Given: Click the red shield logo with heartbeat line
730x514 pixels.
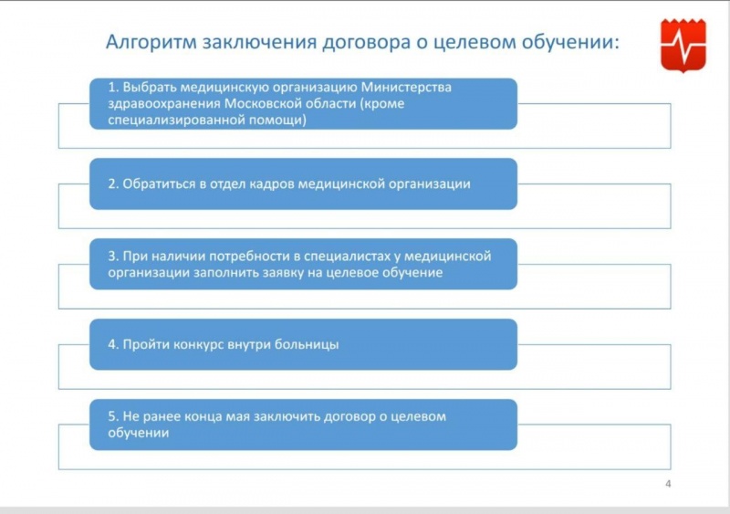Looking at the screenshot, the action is tap(683, 46).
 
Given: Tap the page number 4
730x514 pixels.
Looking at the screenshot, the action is tap(668, 484).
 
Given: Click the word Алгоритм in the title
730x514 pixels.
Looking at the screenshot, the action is tap(151, 42).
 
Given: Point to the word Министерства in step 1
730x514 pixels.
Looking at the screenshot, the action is tap(406, 87).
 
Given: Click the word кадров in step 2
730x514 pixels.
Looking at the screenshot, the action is tap(271, 184).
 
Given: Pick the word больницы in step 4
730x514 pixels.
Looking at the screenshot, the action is tap(307, 345).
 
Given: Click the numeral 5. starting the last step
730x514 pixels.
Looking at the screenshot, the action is tap(113, 416).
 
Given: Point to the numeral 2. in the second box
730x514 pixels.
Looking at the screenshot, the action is tap(113, 184).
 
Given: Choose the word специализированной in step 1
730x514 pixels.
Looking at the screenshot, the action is tap(176, 121).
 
